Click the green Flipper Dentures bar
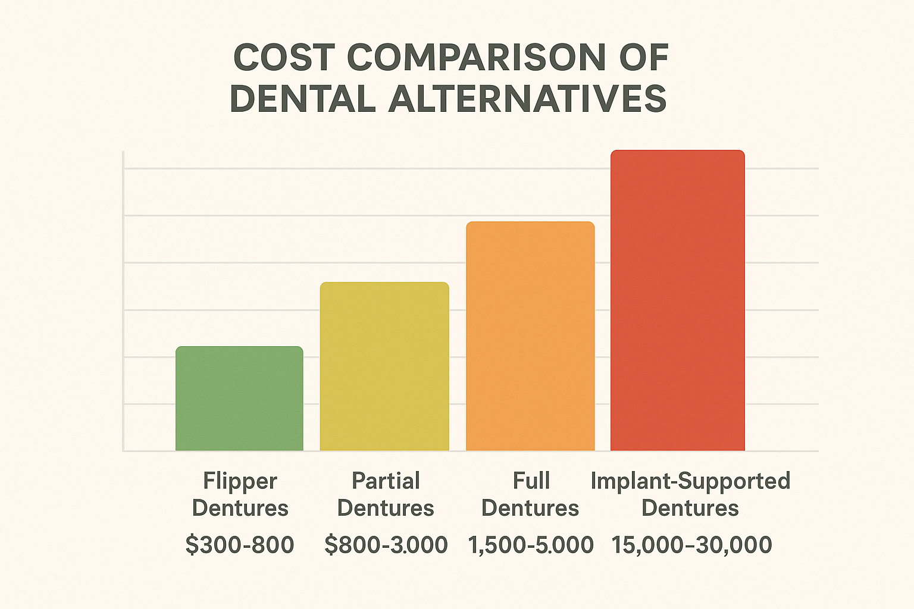[239, 398]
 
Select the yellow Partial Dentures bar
[384, 366]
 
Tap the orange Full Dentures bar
[530, 336]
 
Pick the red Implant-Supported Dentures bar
[678, 300]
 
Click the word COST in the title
[283, 58]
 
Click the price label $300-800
[239, 545]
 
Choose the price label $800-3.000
[386, 545]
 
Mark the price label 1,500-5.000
[531, 545]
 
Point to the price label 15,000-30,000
[691, 545]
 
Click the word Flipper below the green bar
[240, 481]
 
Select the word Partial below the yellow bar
[386, 481]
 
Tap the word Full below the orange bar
[531, 481]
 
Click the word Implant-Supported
[690, 481]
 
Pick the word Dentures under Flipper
[240, 508]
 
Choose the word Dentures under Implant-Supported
[690, 508]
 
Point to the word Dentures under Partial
[386, 508]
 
